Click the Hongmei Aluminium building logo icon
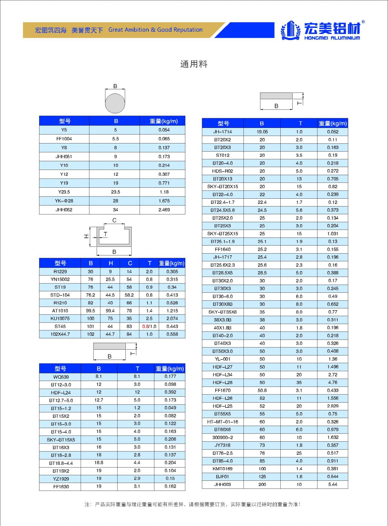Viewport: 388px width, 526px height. (x=290, y=30)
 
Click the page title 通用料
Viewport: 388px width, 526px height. (x=194, y=64)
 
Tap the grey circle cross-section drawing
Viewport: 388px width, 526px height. (x=115, y=103)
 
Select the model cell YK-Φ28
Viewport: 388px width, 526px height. (x=64, y=201)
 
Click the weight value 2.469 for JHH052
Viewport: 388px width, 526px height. (x=164, y=210)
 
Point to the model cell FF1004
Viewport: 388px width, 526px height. (x=64, y=139)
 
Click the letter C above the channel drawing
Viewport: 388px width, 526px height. (x=114, y=220)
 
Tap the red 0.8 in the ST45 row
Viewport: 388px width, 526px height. (x=145, y=327)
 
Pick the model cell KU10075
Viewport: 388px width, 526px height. (x=60, y=319)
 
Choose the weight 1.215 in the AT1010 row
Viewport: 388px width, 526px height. (x=172, y=311)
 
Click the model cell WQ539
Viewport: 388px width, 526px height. (x=61, y=377)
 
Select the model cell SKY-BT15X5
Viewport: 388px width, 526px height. (x=61, y=440)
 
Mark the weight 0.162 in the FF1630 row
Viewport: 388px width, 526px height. (x=170, y=486)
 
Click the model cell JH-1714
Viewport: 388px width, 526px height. (x=222, y=132)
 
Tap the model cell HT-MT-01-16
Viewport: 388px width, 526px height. (x=222, y=422)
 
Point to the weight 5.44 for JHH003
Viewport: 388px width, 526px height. (x=333, y=484)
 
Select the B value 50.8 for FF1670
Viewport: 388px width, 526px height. (x=262, y=391)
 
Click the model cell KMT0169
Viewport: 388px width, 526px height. (x=222, y=469)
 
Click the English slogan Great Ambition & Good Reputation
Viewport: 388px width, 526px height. (x=156, y=30)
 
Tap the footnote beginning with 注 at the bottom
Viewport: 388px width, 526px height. (x=193, y=504)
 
